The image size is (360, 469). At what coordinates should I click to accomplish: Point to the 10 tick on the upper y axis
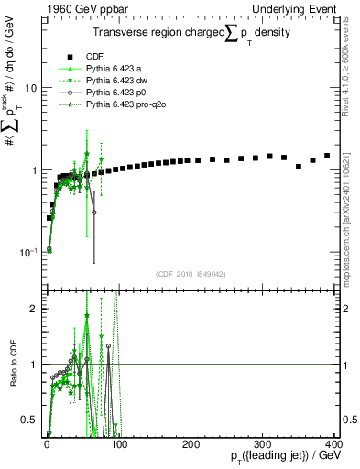point(30,88)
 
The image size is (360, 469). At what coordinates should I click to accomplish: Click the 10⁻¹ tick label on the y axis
point(28,252)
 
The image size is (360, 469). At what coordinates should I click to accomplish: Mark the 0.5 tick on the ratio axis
point(29,420)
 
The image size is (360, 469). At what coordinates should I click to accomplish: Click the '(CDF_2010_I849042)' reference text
point(191,274)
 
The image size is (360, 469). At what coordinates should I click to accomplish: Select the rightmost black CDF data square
point(327,156)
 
